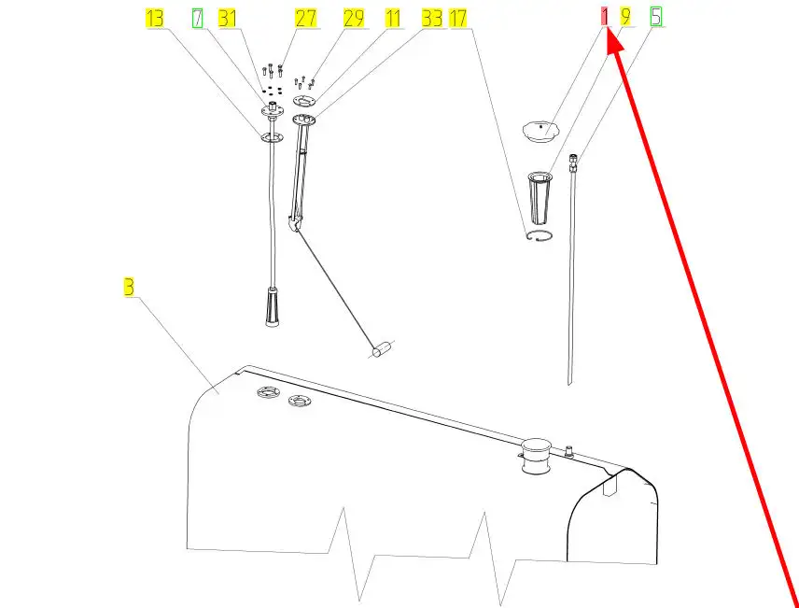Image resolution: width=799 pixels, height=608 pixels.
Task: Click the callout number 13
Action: tap(154, 19)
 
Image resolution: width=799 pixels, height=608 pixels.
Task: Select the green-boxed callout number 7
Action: tap(197, 19)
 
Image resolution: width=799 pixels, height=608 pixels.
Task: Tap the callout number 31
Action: tap(227, 19)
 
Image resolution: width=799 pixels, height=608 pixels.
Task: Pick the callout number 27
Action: tap(306, 19)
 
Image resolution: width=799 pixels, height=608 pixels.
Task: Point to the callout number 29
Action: tap(354, 19)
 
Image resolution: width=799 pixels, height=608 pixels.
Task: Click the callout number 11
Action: tap(393, 19)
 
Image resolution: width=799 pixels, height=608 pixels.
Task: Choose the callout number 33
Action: tap(432, 19)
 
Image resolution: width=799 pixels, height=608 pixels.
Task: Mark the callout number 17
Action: tap(457, 19)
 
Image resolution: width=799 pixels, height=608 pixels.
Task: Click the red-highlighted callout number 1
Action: tap(605, 17)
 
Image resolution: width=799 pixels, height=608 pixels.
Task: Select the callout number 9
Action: tap(625, 17)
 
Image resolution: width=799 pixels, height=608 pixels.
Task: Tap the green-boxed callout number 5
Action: tap(656, 17)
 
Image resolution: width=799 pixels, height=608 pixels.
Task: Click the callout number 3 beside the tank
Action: tap(129, 287)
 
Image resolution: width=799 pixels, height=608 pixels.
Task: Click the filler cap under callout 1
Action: tap(541, 131)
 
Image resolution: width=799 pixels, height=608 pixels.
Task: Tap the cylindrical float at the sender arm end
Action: tap(381, 350)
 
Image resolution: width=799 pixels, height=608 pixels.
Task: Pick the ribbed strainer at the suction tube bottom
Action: tap(273, 306)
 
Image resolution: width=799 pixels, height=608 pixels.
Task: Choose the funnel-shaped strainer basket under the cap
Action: tap(540, 198)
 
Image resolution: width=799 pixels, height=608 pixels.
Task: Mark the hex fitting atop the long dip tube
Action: tap(574, 160)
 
